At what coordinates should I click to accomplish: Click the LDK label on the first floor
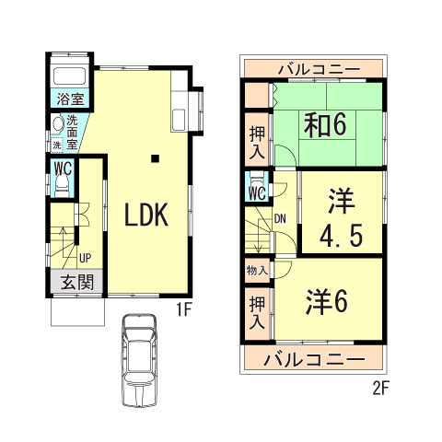146,215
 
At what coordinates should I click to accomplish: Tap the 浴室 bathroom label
70,99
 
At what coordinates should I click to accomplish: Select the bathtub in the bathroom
70,76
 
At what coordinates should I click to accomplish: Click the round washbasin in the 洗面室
58,123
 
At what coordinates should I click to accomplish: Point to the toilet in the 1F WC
62,186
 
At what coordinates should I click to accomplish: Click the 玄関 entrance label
76,282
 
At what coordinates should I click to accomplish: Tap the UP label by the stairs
85,258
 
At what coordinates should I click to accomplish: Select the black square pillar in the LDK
156,158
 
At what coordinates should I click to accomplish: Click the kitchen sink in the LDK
179,120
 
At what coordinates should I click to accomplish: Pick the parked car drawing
139,361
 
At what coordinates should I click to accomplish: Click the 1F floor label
184,310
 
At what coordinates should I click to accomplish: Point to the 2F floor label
380,389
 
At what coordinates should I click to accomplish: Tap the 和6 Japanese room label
325,125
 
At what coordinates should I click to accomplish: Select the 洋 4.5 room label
341,217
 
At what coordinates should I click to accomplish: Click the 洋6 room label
327,301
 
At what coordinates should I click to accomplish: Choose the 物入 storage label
257,271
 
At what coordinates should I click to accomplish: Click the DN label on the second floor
280,219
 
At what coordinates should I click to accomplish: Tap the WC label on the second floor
257,193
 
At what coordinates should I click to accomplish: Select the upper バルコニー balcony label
320,69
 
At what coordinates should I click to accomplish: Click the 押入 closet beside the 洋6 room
257,313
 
